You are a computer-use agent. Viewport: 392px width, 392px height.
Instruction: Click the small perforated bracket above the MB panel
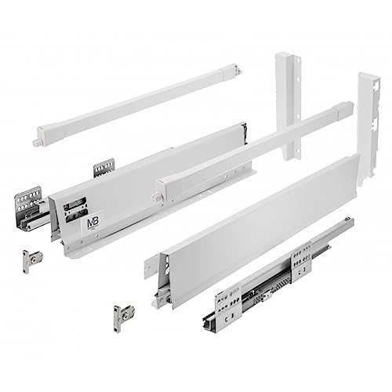(103, 167)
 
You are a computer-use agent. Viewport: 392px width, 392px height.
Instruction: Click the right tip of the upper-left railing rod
(239, 72)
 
